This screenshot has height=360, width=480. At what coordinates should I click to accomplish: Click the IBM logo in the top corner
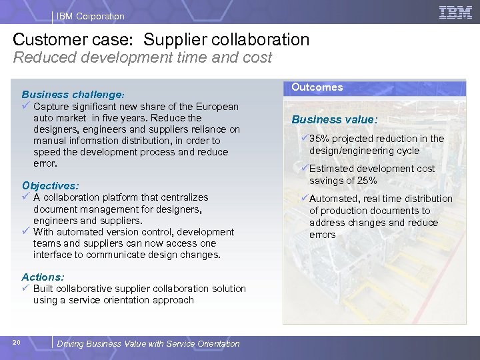(455, 12)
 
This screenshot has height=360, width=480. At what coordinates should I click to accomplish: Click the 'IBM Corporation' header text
(91, 16)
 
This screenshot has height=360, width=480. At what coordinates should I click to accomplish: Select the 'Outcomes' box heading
(317, 87)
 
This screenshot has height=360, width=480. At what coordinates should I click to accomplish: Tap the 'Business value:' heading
(335, 120)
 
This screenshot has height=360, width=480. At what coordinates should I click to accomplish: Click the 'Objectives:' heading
(50, 185)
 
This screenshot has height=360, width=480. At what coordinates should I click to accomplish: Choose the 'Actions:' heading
(43, 277)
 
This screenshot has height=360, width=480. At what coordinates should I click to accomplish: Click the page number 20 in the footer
(17, 343)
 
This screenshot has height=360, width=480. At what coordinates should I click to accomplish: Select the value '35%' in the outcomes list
(320, 139)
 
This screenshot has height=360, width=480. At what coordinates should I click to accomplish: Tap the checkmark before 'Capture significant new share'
(26, 107)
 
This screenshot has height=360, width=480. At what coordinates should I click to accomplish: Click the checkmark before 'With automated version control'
(26, 232)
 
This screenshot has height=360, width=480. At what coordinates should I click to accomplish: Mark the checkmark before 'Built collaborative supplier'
(26, 289)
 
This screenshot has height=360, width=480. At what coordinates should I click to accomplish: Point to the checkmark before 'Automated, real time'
(304, 199)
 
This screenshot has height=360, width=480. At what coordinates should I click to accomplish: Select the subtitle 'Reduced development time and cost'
(143, 58)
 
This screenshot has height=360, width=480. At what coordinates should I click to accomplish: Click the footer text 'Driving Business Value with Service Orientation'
(148, 344)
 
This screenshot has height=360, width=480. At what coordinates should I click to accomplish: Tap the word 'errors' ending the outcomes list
(322, 235)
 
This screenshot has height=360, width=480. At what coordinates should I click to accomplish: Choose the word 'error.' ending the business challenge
(45, 163)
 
